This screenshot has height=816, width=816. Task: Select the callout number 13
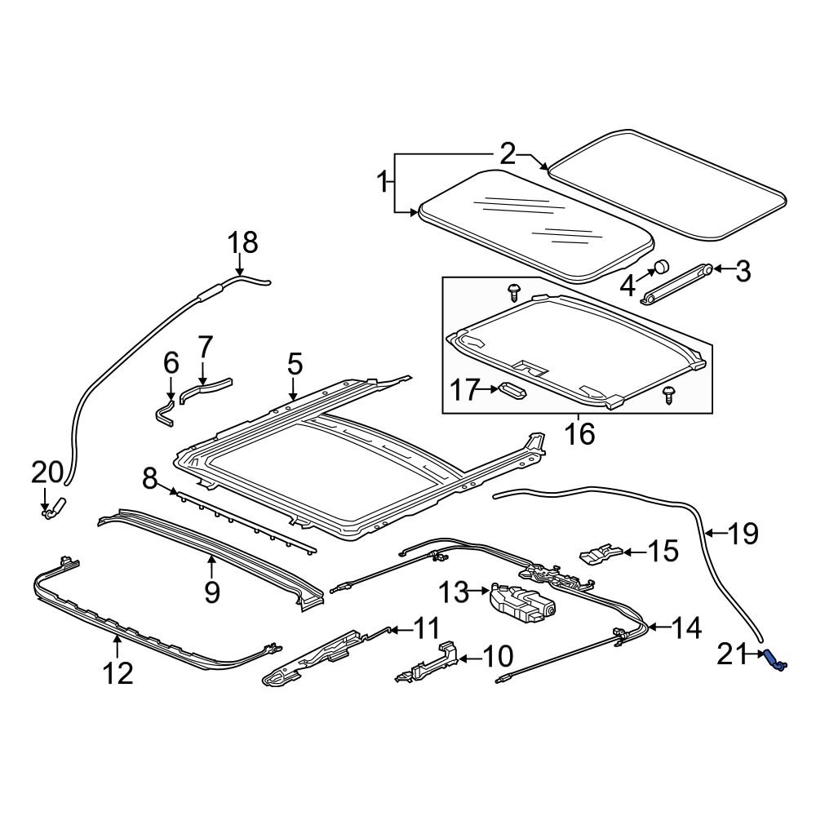tap(455, 592)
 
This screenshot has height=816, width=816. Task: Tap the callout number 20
tap(47, 472)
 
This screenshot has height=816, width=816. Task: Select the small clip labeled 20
tap(53, 510)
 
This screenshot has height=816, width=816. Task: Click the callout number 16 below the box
tap(579, 433)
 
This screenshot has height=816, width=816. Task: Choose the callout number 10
tap(497, 655)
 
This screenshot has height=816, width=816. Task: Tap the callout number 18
tap(242, 242)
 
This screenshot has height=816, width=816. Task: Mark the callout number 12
tap(118, 673)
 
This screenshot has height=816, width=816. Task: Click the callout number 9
tap(212, 591)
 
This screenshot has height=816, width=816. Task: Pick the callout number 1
tap(383, 183)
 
